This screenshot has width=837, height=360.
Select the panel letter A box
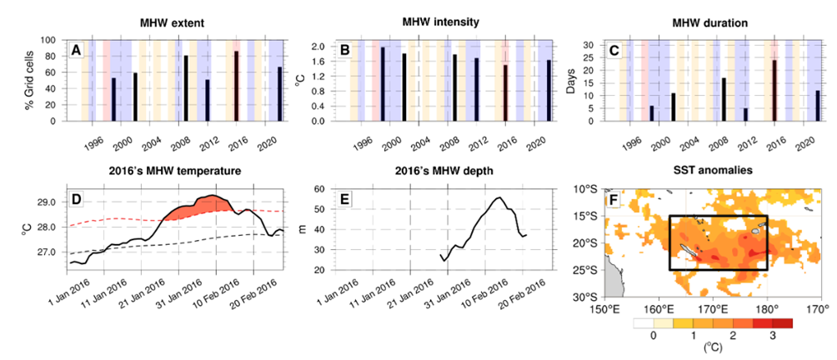76,52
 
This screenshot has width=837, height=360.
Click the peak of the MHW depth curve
499,197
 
